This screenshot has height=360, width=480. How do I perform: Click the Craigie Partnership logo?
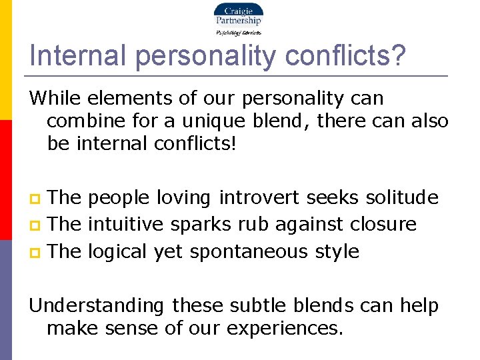coord(238,18)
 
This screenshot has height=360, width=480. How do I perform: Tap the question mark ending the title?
coord(397,56)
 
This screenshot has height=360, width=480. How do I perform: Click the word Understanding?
coord(97,306)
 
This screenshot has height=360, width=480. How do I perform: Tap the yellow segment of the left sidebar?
coord(5,60)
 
